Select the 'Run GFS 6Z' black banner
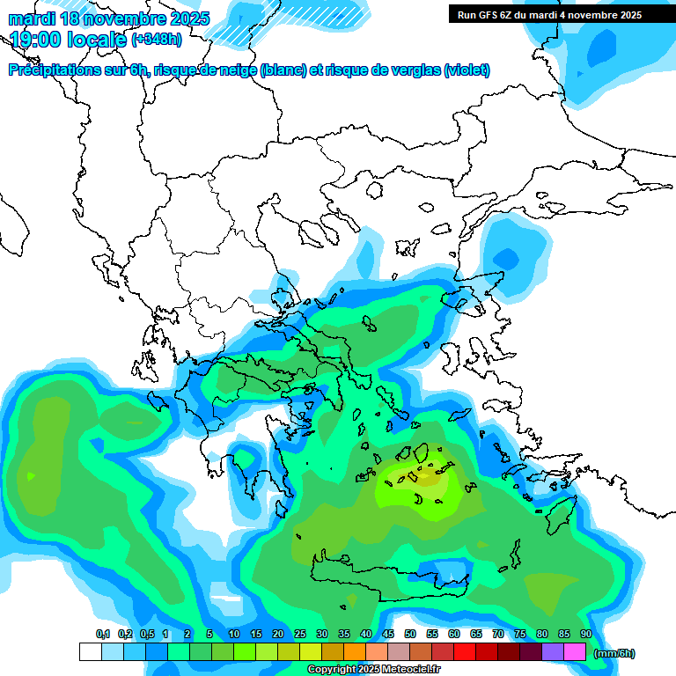tap(549, 14)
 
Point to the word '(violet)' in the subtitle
tap(467, 70)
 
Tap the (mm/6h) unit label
tap(614, 653)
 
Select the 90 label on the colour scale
tap(585, 634)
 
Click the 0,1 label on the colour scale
tap(103, 634)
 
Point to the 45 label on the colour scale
tap(387, 634)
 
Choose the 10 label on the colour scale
tap(233, 634)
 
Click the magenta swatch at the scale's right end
tap(575, 651)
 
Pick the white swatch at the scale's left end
tap(90, 651)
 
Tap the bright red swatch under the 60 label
tap(465, 651)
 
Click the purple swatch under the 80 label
tap(553, 651)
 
